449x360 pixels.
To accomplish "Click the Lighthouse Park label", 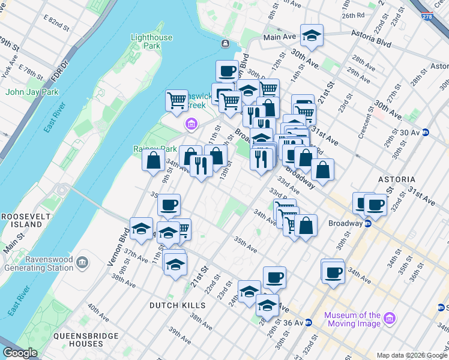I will tap(151, 41).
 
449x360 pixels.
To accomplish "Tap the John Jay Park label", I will tap(32, 92).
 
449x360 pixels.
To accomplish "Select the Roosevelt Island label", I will tap(22, 220).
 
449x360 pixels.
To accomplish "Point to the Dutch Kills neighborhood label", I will tap(177, 305).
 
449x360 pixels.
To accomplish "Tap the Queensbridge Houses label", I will tap(78, 340).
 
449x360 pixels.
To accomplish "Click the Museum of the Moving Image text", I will tap(352, 319).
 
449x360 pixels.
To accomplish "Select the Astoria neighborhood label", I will tap(396, 179).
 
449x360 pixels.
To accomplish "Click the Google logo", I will tap(20, 353).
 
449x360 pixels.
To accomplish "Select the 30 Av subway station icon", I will tap(426, 133).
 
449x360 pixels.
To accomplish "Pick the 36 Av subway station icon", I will tap(308, 322).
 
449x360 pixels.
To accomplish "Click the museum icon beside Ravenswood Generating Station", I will tap(82, 262).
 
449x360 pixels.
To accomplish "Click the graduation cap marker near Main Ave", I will tap(312, 35).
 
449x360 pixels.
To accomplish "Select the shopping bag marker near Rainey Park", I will tap(154, 159).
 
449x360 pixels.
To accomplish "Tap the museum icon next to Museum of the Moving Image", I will tap(389, 317).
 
